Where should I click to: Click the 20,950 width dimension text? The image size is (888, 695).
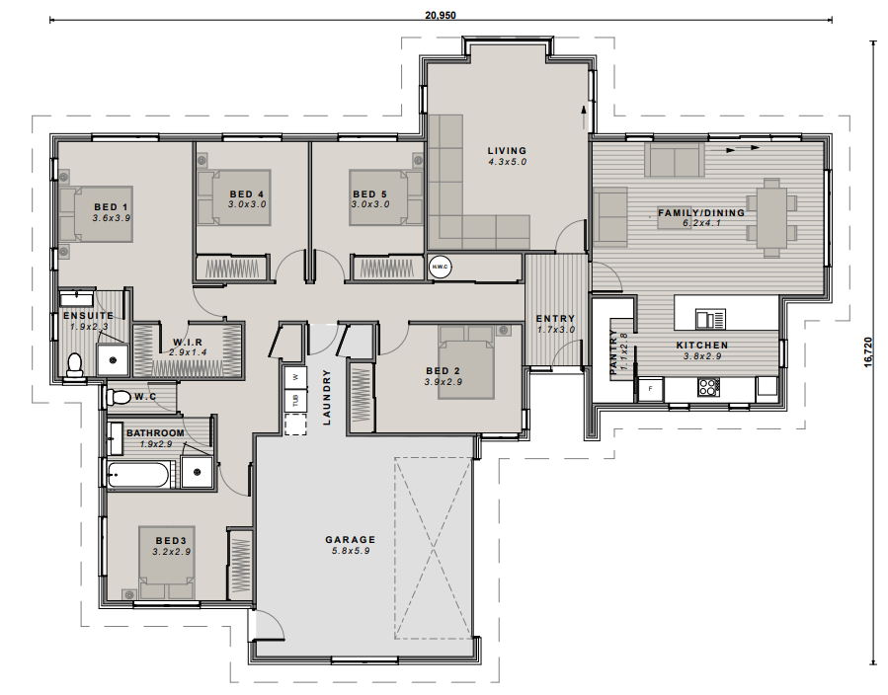(x=441, y=16)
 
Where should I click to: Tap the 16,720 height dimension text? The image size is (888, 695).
(x=868, y=352)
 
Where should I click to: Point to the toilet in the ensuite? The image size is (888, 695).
(x=74, y=365)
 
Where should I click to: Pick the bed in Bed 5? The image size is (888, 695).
(x=385, y=197)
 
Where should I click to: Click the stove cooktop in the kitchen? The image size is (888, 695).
(x=708, y=387)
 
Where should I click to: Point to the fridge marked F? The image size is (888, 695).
(x=650, y=389)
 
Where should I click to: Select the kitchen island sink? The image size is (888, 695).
(x=709, y=318)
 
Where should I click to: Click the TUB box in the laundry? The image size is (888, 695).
(x=294, y=400)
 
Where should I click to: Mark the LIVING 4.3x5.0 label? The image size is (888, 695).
(x=508, y=156)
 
